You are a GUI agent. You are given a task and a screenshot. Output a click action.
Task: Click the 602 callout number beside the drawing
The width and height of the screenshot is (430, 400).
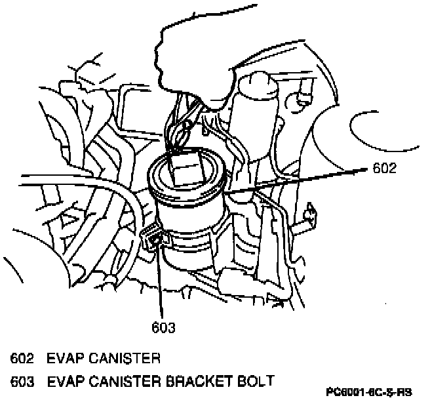[x=384, y=169]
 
